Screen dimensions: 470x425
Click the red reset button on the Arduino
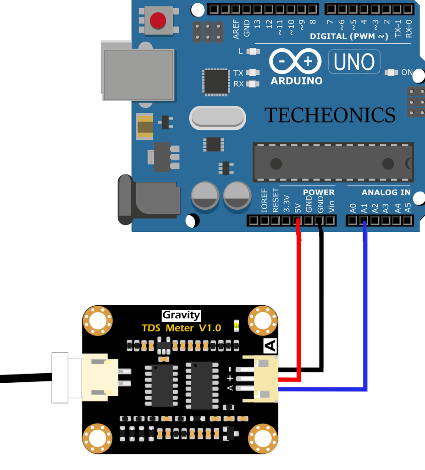pos(158,20)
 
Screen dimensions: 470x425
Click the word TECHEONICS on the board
pos(330,115)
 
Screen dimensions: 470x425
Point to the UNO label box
pos(354,62)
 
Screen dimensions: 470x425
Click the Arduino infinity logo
pos(296,62)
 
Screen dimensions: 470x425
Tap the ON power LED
pos(391,72)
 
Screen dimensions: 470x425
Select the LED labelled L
pos(253,51)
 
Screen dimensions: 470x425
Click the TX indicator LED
pos(253,73)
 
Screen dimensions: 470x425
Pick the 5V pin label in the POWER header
pos(298,207)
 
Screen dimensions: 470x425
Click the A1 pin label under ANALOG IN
pos(364,208)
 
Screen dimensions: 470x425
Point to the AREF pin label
pos(236,29)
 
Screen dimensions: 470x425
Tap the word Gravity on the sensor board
pos(182,315)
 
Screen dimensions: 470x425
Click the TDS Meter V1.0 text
pos(181,328)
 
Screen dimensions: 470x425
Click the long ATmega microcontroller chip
pos(333,163)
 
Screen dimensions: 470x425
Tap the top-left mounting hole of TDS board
pos(98,320)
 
